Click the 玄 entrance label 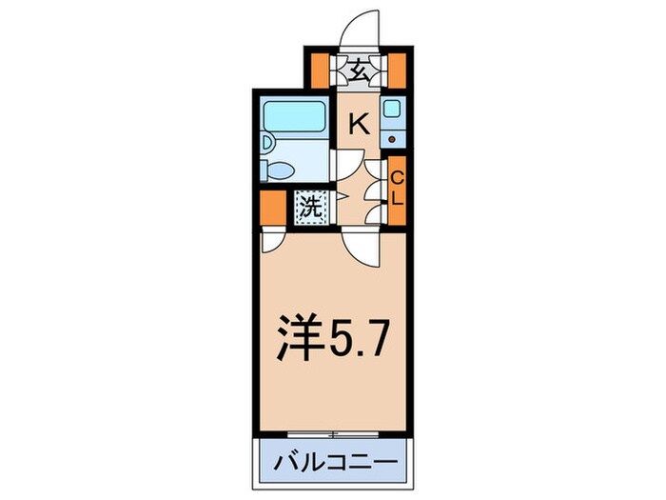[358, 70]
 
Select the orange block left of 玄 [320, 71]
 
